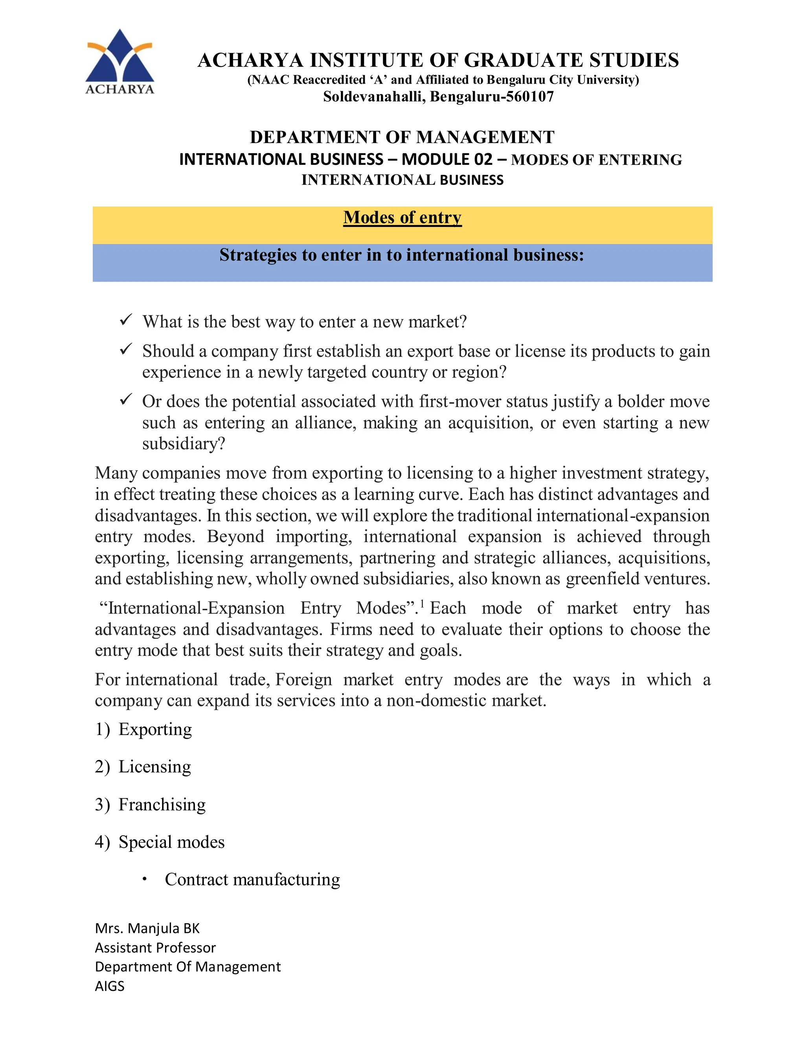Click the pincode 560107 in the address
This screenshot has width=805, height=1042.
[529, 97]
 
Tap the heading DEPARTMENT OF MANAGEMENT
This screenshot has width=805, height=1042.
[402, 137]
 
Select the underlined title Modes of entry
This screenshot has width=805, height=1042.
[402, 217]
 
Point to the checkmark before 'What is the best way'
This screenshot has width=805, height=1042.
[126, 320]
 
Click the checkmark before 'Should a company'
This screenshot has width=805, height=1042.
[126, 349]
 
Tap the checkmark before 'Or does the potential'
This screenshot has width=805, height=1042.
[126, 399]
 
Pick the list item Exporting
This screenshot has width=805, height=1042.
[155, 729]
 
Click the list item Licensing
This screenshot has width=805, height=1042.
[154, 767]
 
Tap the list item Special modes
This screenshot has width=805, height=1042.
[171, 842]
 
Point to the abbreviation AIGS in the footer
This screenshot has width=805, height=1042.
[110, 986]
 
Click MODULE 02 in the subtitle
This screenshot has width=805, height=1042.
[447, 159]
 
